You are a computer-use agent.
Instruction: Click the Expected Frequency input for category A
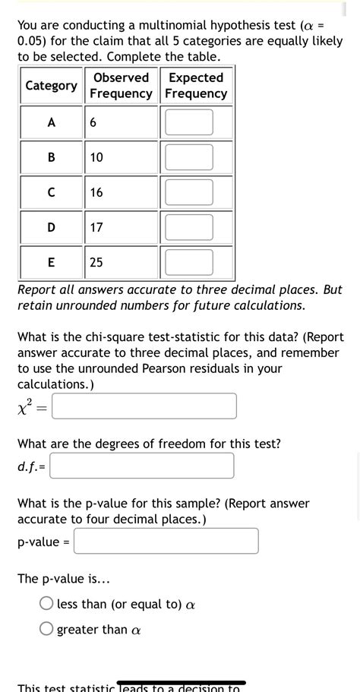(x=188, y=122)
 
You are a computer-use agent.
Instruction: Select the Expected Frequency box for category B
(x=188, y=157)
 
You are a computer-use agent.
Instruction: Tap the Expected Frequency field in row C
(x=188, y=192)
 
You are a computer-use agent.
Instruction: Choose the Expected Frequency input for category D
(x=188, y=227)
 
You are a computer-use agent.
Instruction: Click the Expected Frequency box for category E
(x=188, y=262)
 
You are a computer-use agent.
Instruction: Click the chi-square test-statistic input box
(x=144, y=406)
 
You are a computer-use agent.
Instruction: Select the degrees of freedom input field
(x=142, y=466)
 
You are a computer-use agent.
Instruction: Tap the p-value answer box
(x=166, y=541)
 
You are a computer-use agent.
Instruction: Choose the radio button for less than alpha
(x=47, y=604)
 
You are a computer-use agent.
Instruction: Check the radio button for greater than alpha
(x=47, y=629)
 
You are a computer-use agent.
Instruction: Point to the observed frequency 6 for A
(x=93, y=122)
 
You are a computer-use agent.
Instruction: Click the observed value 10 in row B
(x=96, y=157)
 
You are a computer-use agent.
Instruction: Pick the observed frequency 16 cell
(x=96, y=192)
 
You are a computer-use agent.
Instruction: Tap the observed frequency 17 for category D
(x=96, y=227)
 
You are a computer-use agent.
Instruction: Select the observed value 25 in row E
(x=96, y=262)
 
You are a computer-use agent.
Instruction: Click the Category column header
(x=51, y=86)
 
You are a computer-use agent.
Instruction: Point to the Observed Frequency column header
(x=121, y=86)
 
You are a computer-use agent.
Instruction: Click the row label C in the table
(x=51, y=192)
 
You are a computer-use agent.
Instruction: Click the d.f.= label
(x=32, y=466)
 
